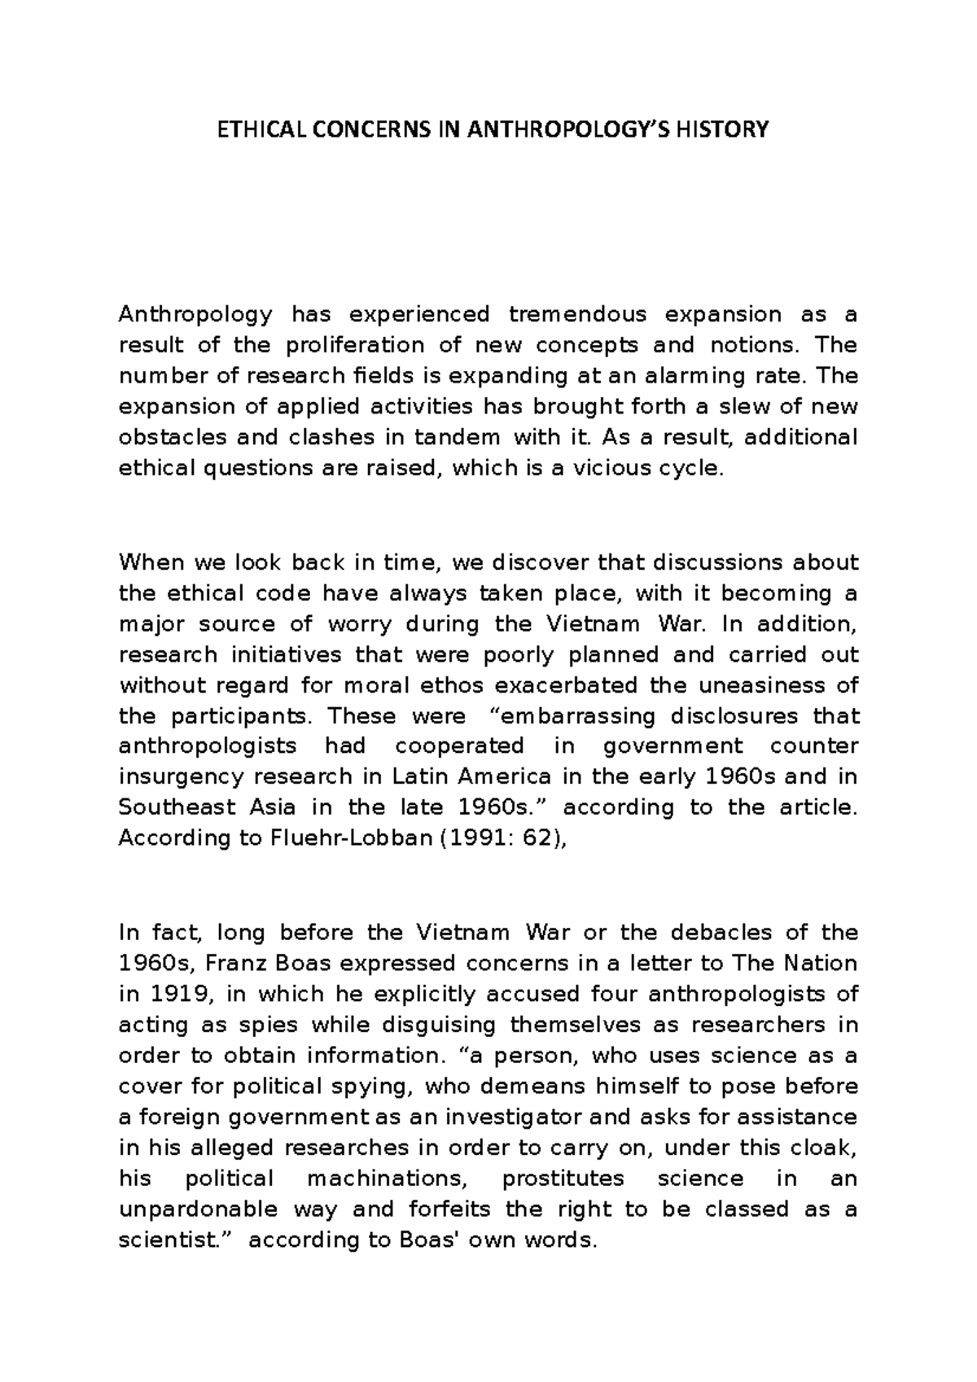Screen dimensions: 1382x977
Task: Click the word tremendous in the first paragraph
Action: [x=577, y=314]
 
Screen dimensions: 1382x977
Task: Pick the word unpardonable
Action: [x=199, y=1209]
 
